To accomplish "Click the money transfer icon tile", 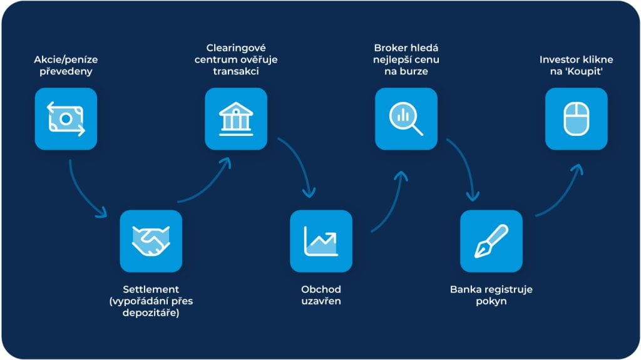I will (x=66, y=119).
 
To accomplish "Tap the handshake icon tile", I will (x=151, y=241).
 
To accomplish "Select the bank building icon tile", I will (x=236, y=119).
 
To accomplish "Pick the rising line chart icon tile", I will (x=321, y=241).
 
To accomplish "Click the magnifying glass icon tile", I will (x=406, y=119).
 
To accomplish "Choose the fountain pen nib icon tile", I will (x=491, y=241).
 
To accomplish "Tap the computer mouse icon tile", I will (x=577, y=119).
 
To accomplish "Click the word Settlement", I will (x=151, y=289).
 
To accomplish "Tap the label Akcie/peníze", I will (x=66, y=59).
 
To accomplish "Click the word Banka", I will (x=466, y=289).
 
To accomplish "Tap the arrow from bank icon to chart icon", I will (x=299, y=164).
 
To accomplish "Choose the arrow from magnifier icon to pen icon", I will (x=464, y=164).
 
